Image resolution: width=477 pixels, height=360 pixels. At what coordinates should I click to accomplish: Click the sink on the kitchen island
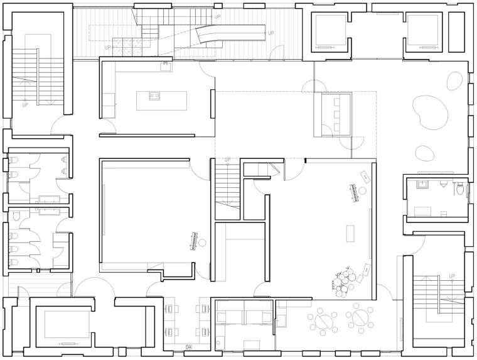tap(154, 96)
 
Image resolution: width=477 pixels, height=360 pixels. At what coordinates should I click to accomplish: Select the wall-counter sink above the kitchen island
tap(166, 67)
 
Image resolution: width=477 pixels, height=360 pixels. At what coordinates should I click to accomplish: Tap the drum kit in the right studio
tap(343, 281)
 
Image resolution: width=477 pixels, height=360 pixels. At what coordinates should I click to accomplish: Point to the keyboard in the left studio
tap(193, 241)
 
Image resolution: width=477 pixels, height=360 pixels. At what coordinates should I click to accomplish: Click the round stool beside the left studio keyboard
tap(202, 243)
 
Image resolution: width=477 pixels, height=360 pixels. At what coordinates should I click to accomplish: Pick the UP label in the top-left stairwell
tap(25, 105)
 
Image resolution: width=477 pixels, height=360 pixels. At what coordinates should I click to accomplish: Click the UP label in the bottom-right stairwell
tap(452, 276)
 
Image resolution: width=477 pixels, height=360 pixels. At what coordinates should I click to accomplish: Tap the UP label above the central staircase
tap(228, 160)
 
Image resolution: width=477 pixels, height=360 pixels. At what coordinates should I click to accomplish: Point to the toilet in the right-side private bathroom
tap(459, 189)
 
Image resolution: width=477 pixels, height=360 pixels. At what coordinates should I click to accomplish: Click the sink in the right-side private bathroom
tap(422, 185)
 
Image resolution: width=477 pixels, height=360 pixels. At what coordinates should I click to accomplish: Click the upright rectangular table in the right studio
tap(350, 233)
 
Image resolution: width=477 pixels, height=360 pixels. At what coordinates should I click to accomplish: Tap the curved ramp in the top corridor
tap(230, 33)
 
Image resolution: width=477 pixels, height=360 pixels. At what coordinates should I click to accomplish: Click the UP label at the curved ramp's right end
tap(271, 33)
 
